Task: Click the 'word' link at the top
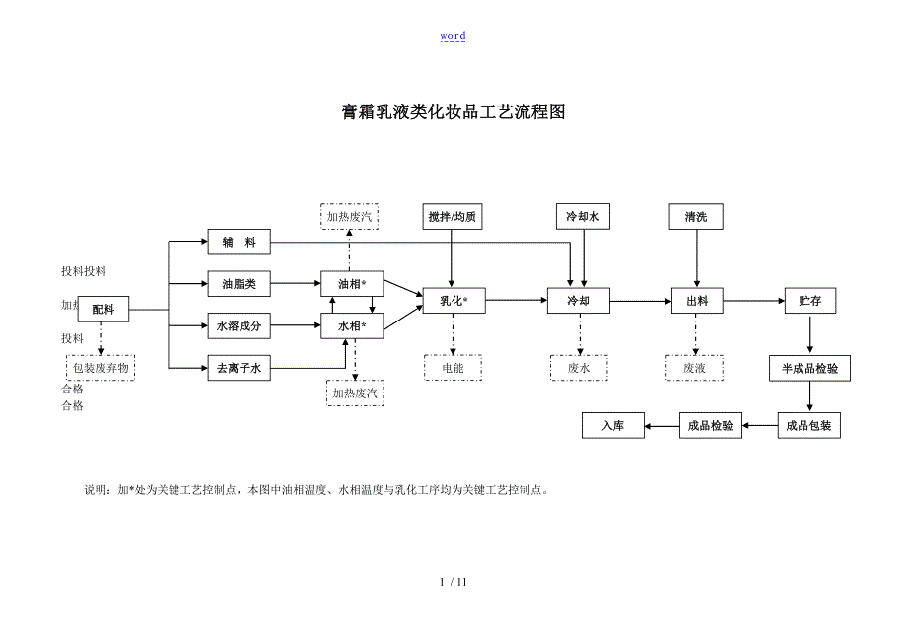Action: (453, 36)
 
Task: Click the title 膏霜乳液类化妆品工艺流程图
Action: (453, 111)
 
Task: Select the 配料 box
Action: (104, 309)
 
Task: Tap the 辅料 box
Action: (239, 242)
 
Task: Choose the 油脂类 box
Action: (239, 284)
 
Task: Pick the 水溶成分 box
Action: (239, 325)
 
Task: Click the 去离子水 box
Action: (239, 369)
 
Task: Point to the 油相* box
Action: (352, 284)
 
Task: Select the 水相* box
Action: (352, 325)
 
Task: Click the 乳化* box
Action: (453, 301)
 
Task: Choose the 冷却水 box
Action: (582, 216)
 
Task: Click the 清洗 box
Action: (696, 216)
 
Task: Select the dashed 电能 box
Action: (453, 368)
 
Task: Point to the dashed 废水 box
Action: (579, 368)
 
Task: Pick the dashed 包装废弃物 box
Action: (101, 369)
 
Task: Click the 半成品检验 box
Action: (809, 369)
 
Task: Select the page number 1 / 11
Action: (453, 581)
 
